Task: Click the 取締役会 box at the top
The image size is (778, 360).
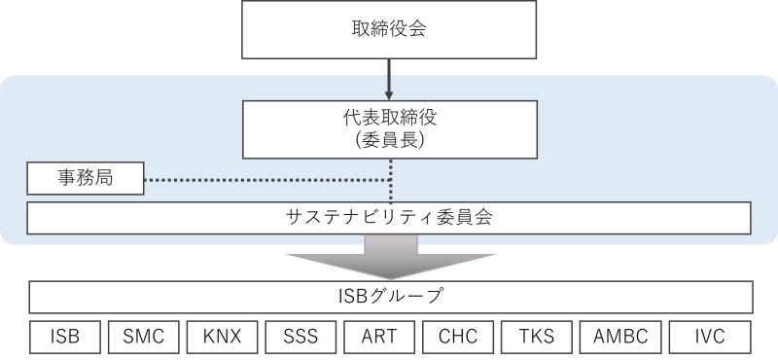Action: pos(389,29)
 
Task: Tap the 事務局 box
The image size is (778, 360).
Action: pos(85,179)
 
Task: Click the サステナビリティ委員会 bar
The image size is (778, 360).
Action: pos(389,218)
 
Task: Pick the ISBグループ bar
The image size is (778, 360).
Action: pos(389,296)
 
